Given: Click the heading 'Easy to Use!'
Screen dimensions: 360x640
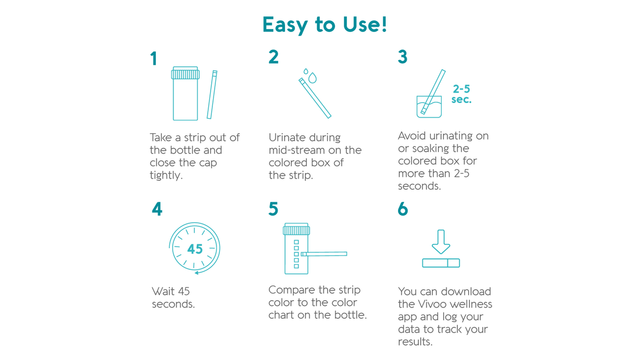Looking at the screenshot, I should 324,25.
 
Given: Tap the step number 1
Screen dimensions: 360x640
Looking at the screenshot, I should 154,59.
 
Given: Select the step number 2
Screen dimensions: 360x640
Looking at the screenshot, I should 273,57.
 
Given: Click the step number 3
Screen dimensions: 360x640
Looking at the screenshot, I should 403,57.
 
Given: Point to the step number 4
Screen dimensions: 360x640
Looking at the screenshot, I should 157,209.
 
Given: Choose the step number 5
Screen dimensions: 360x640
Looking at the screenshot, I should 273,209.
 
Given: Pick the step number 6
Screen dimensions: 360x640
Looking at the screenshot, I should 403,209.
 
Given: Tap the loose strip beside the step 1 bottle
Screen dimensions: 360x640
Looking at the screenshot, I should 212,95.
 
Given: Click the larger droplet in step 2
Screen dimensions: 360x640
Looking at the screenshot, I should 313,78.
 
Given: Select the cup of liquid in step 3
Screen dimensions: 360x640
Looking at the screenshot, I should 429,107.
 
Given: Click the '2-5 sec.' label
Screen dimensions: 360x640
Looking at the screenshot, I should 461,94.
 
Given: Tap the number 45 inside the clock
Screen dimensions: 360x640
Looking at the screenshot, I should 194,249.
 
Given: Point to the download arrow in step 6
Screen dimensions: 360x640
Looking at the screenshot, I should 441,241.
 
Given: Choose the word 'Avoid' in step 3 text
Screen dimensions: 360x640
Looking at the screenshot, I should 411,136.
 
